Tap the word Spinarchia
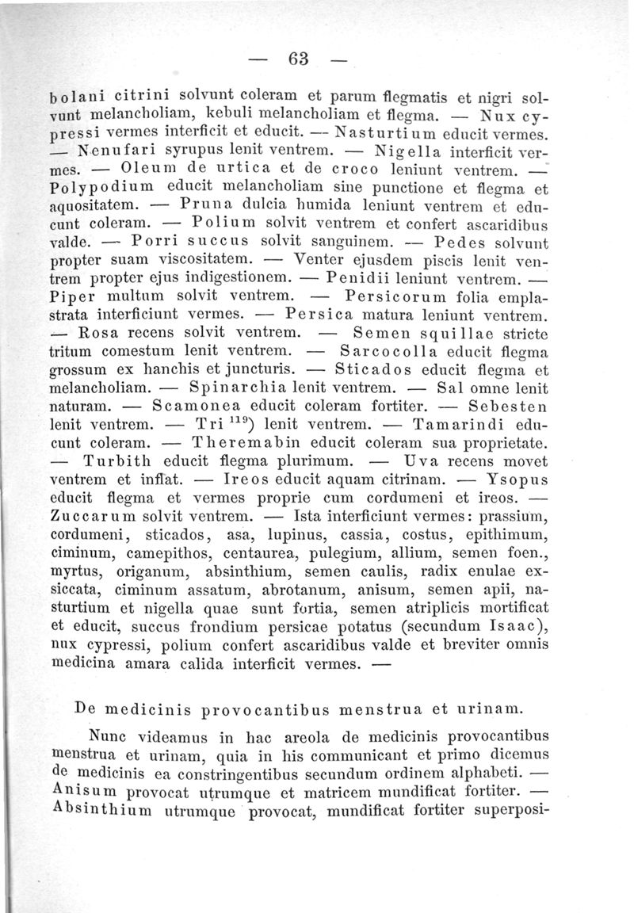click(243, 388)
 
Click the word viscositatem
click(196, 259)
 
